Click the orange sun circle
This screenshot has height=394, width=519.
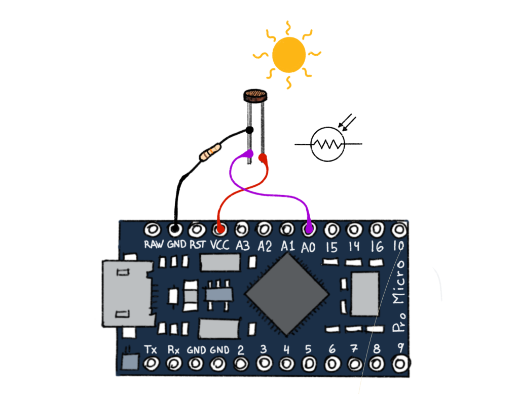coord(289,55)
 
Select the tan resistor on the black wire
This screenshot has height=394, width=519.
coord(210,152)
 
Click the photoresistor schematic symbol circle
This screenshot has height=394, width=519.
coord(327,144)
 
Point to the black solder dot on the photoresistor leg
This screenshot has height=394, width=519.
coord(249,131)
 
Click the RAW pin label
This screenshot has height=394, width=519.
coord(154,245)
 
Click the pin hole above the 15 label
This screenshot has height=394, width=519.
coord(332,229)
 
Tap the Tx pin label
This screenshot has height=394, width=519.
coord(151,349)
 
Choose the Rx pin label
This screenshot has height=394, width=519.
coord(173,349)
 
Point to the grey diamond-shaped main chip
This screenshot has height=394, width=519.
coord(286,294)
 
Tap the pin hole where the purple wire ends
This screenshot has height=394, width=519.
coord(309,229)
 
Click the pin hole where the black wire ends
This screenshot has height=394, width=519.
coord(175,229)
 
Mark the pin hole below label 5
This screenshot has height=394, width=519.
coord(309,364)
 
